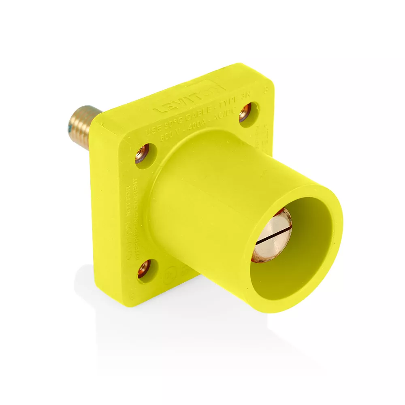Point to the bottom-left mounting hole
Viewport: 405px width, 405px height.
144,269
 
